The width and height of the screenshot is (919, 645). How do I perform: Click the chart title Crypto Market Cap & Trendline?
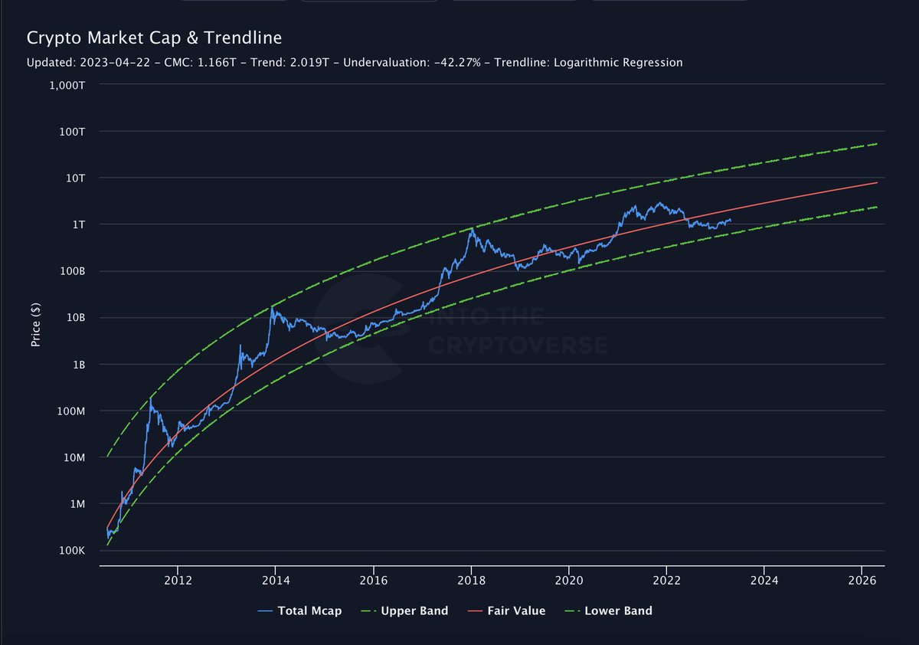(x=154, y=38)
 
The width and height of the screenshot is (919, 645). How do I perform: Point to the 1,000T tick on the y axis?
(x=66, y=85)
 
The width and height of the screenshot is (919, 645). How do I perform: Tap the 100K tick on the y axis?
(x=71, y=551)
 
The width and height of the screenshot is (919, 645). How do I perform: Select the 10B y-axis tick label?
(x=74, y=318)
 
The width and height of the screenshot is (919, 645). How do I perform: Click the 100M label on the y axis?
(x=70, y=411)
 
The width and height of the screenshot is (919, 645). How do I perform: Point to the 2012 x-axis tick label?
(x=178, y=580)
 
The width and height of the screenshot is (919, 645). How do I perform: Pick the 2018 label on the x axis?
(x=471, y=580)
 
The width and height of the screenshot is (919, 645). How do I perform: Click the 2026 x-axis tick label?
(x=862, y=580)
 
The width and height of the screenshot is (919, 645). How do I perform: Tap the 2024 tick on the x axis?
(x=764, y=580)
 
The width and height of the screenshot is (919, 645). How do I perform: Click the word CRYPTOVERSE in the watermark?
(x=518, y=345)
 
